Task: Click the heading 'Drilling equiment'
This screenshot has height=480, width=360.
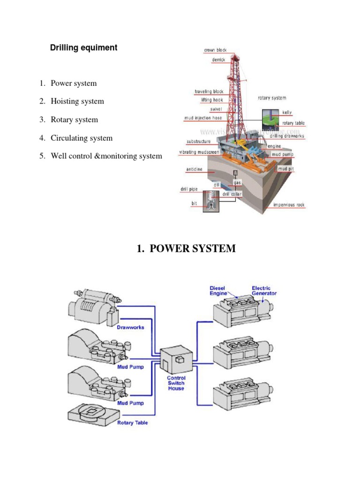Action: [x=83, y=48]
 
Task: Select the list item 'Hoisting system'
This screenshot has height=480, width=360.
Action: [x=77, y=101]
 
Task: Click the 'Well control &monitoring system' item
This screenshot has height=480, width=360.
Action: [x=106, y=156]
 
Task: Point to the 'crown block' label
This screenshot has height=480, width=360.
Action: [x=215, y=50]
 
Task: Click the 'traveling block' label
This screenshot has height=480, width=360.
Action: [x=209, y=91]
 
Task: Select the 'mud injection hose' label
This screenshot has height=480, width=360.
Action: [x=203, y=118]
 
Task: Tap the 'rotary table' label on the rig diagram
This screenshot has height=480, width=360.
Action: [x=293, y=123]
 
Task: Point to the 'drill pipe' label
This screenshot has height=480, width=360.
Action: [x=189, y=189]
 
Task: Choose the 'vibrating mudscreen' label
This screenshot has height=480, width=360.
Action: [x=200, y=152]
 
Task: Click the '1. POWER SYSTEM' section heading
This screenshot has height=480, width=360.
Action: [x=186, y=249]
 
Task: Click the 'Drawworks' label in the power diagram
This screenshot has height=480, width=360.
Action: [x=130, y=327]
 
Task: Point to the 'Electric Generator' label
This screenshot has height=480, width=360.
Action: [x=264, y=291]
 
